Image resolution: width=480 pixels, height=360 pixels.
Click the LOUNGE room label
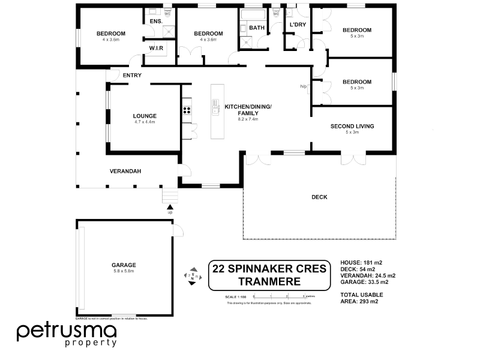coord(145,116)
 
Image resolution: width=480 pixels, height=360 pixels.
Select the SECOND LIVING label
coord(352,126)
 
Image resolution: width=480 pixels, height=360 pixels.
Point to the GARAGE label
coord(124,265)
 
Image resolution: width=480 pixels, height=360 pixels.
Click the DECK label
coord(319,197)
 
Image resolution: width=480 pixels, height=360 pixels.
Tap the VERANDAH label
coord(125,171)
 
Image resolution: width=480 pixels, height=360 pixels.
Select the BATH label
coord(257,28)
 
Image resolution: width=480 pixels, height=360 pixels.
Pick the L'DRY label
coord(298,25)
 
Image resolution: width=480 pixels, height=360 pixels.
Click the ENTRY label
coord(131,75)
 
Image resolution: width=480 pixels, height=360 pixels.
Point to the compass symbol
coord(191,276)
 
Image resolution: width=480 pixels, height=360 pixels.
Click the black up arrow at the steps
coord(170,207)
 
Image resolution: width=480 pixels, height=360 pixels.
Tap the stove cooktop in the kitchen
coord(187,110)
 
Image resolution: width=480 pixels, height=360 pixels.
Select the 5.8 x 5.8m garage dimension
coord(124,271)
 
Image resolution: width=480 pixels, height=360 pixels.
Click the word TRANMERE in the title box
coord(268,280)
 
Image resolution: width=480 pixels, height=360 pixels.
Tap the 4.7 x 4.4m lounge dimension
coord(145,122)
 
